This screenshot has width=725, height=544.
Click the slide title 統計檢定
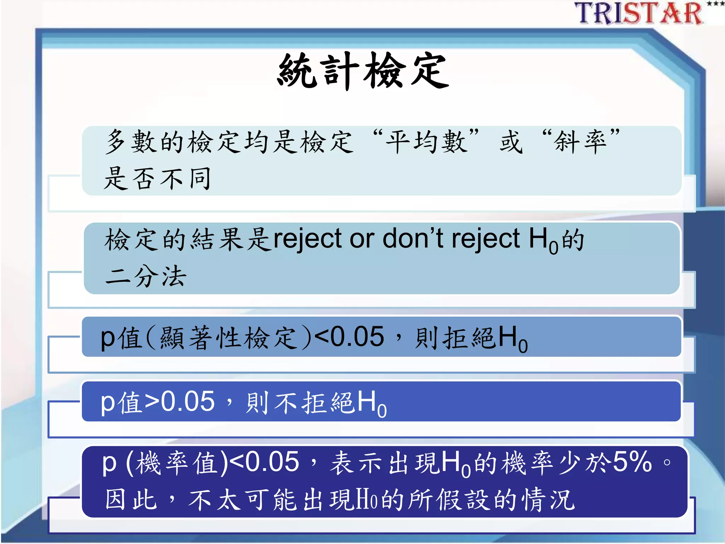[363, 71]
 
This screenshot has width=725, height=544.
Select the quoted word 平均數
[426, 142]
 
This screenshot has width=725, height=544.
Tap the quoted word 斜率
[581, 142]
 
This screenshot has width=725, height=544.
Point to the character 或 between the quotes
[511, 142]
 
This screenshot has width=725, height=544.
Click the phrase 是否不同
[158, 178]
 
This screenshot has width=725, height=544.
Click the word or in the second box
[362, 239]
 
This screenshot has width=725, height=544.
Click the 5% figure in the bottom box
[632, 462]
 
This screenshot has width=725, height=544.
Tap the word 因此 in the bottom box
[131, 499]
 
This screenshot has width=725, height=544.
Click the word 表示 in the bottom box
[356, 463]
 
